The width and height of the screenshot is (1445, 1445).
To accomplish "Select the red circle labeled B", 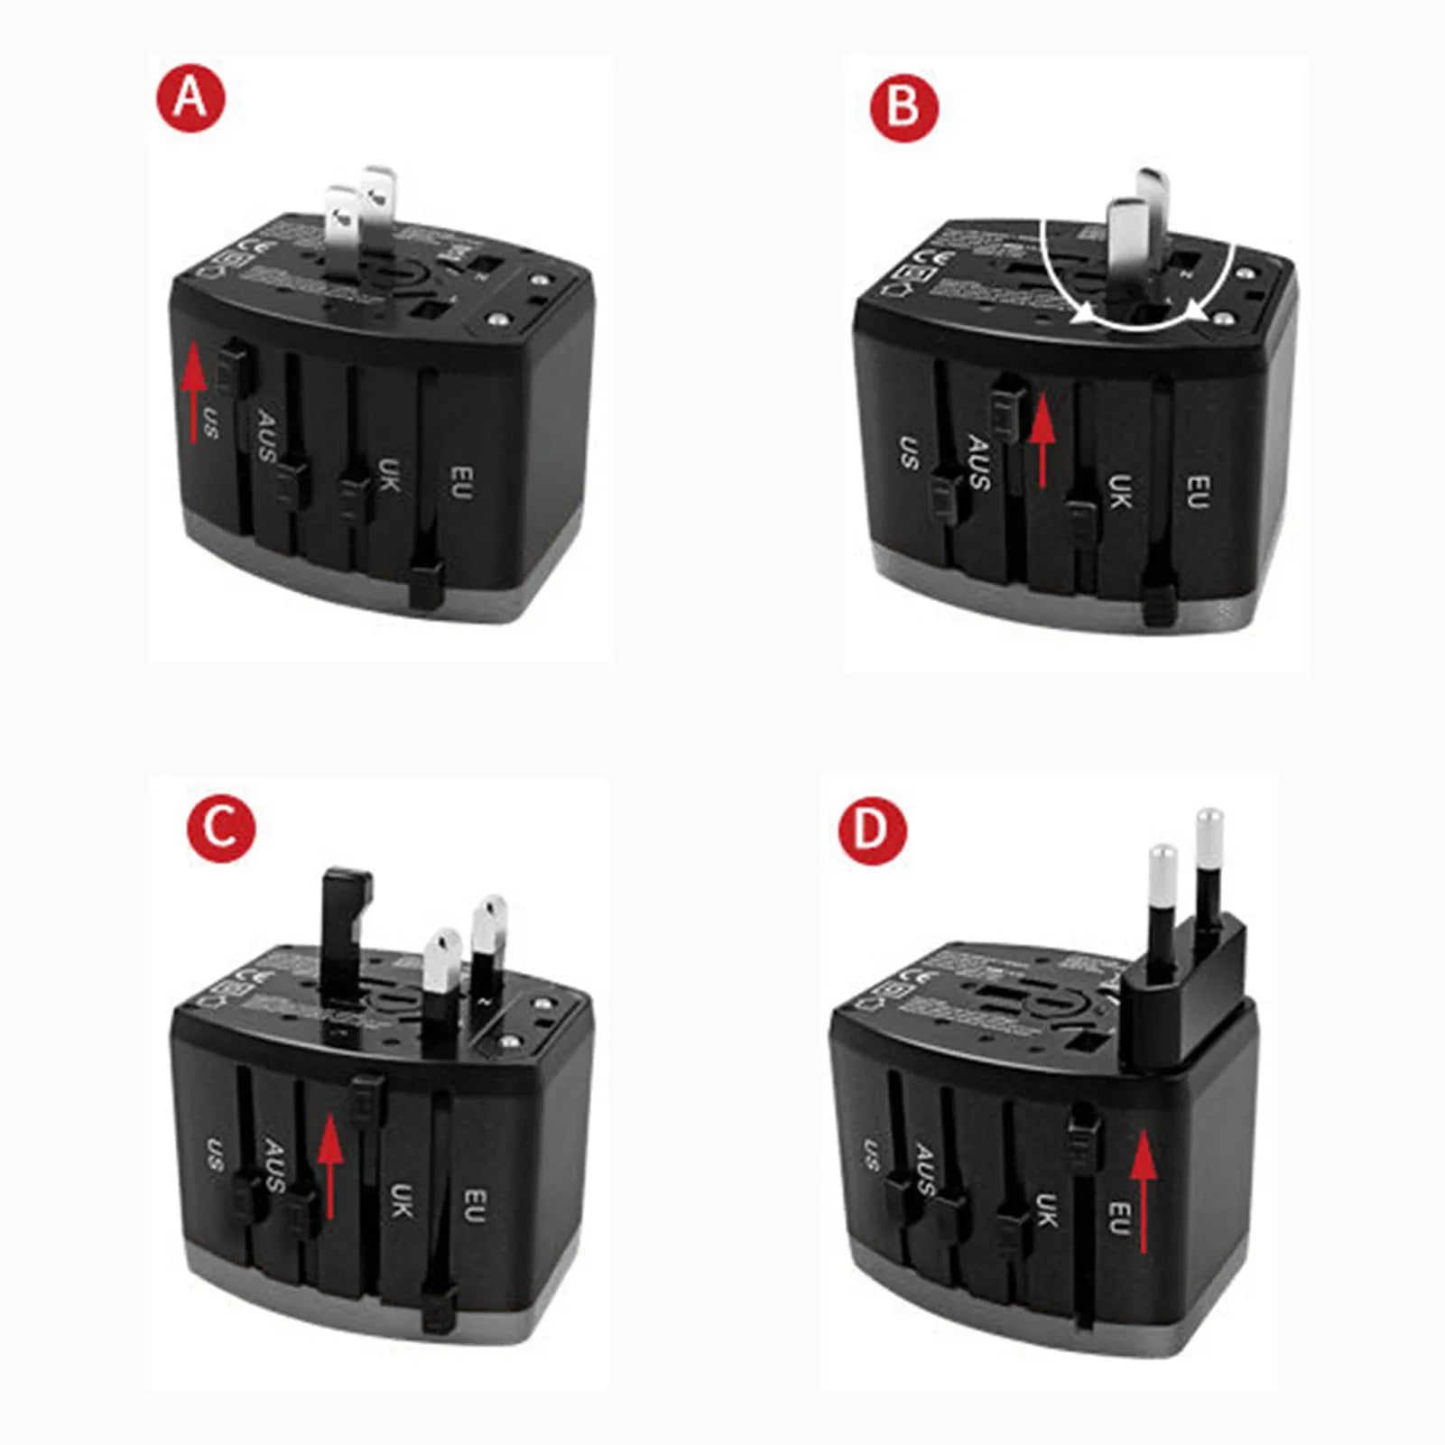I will pos(903,107).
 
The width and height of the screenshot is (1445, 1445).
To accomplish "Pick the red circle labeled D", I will pos(873,829).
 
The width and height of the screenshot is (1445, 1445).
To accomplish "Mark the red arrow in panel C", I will pos(330,1164).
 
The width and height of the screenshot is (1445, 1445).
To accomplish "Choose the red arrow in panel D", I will pos(1144,1191).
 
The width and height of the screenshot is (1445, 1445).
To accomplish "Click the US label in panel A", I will pos(211,422).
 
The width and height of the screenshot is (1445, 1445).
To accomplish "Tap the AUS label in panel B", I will pos(979,462).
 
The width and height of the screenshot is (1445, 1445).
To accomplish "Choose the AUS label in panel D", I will pos(924,1170).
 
